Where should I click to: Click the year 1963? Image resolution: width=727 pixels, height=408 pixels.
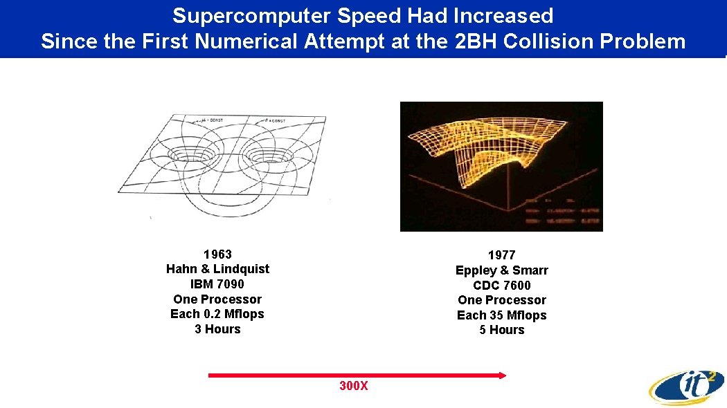coord(217,254)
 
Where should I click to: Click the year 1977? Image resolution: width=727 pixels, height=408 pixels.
coord(501,255)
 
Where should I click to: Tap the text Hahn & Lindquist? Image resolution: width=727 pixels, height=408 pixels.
coord(217,269)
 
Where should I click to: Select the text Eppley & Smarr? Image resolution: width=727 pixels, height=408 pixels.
coord(501,270)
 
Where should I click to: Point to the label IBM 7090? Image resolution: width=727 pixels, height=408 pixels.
coord(217,284)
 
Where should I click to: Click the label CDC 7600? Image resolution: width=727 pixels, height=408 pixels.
coord(501,286)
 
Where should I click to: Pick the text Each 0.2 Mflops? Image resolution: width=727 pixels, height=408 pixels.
coord(217,314)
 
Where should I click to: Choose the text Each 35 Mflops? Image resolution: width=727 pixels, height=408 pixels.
coord(501,315)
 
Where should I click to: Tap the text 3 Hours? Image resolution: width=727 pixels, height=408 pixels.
coord(217,329)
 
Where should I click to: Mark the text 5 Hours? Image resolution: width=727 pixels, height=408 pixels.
coord(501,330)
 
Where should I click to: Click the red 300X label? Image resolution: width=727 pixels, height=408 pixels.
coord(353,386)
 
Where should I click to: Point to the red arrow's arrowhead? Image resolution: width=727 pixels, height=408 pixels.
coord(503,375)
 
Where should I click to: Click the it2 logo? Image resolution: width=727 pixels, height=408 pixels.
coord(686,386)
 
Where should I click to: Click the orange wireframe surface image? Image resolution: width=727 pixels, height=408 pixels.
coord(501,166)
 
